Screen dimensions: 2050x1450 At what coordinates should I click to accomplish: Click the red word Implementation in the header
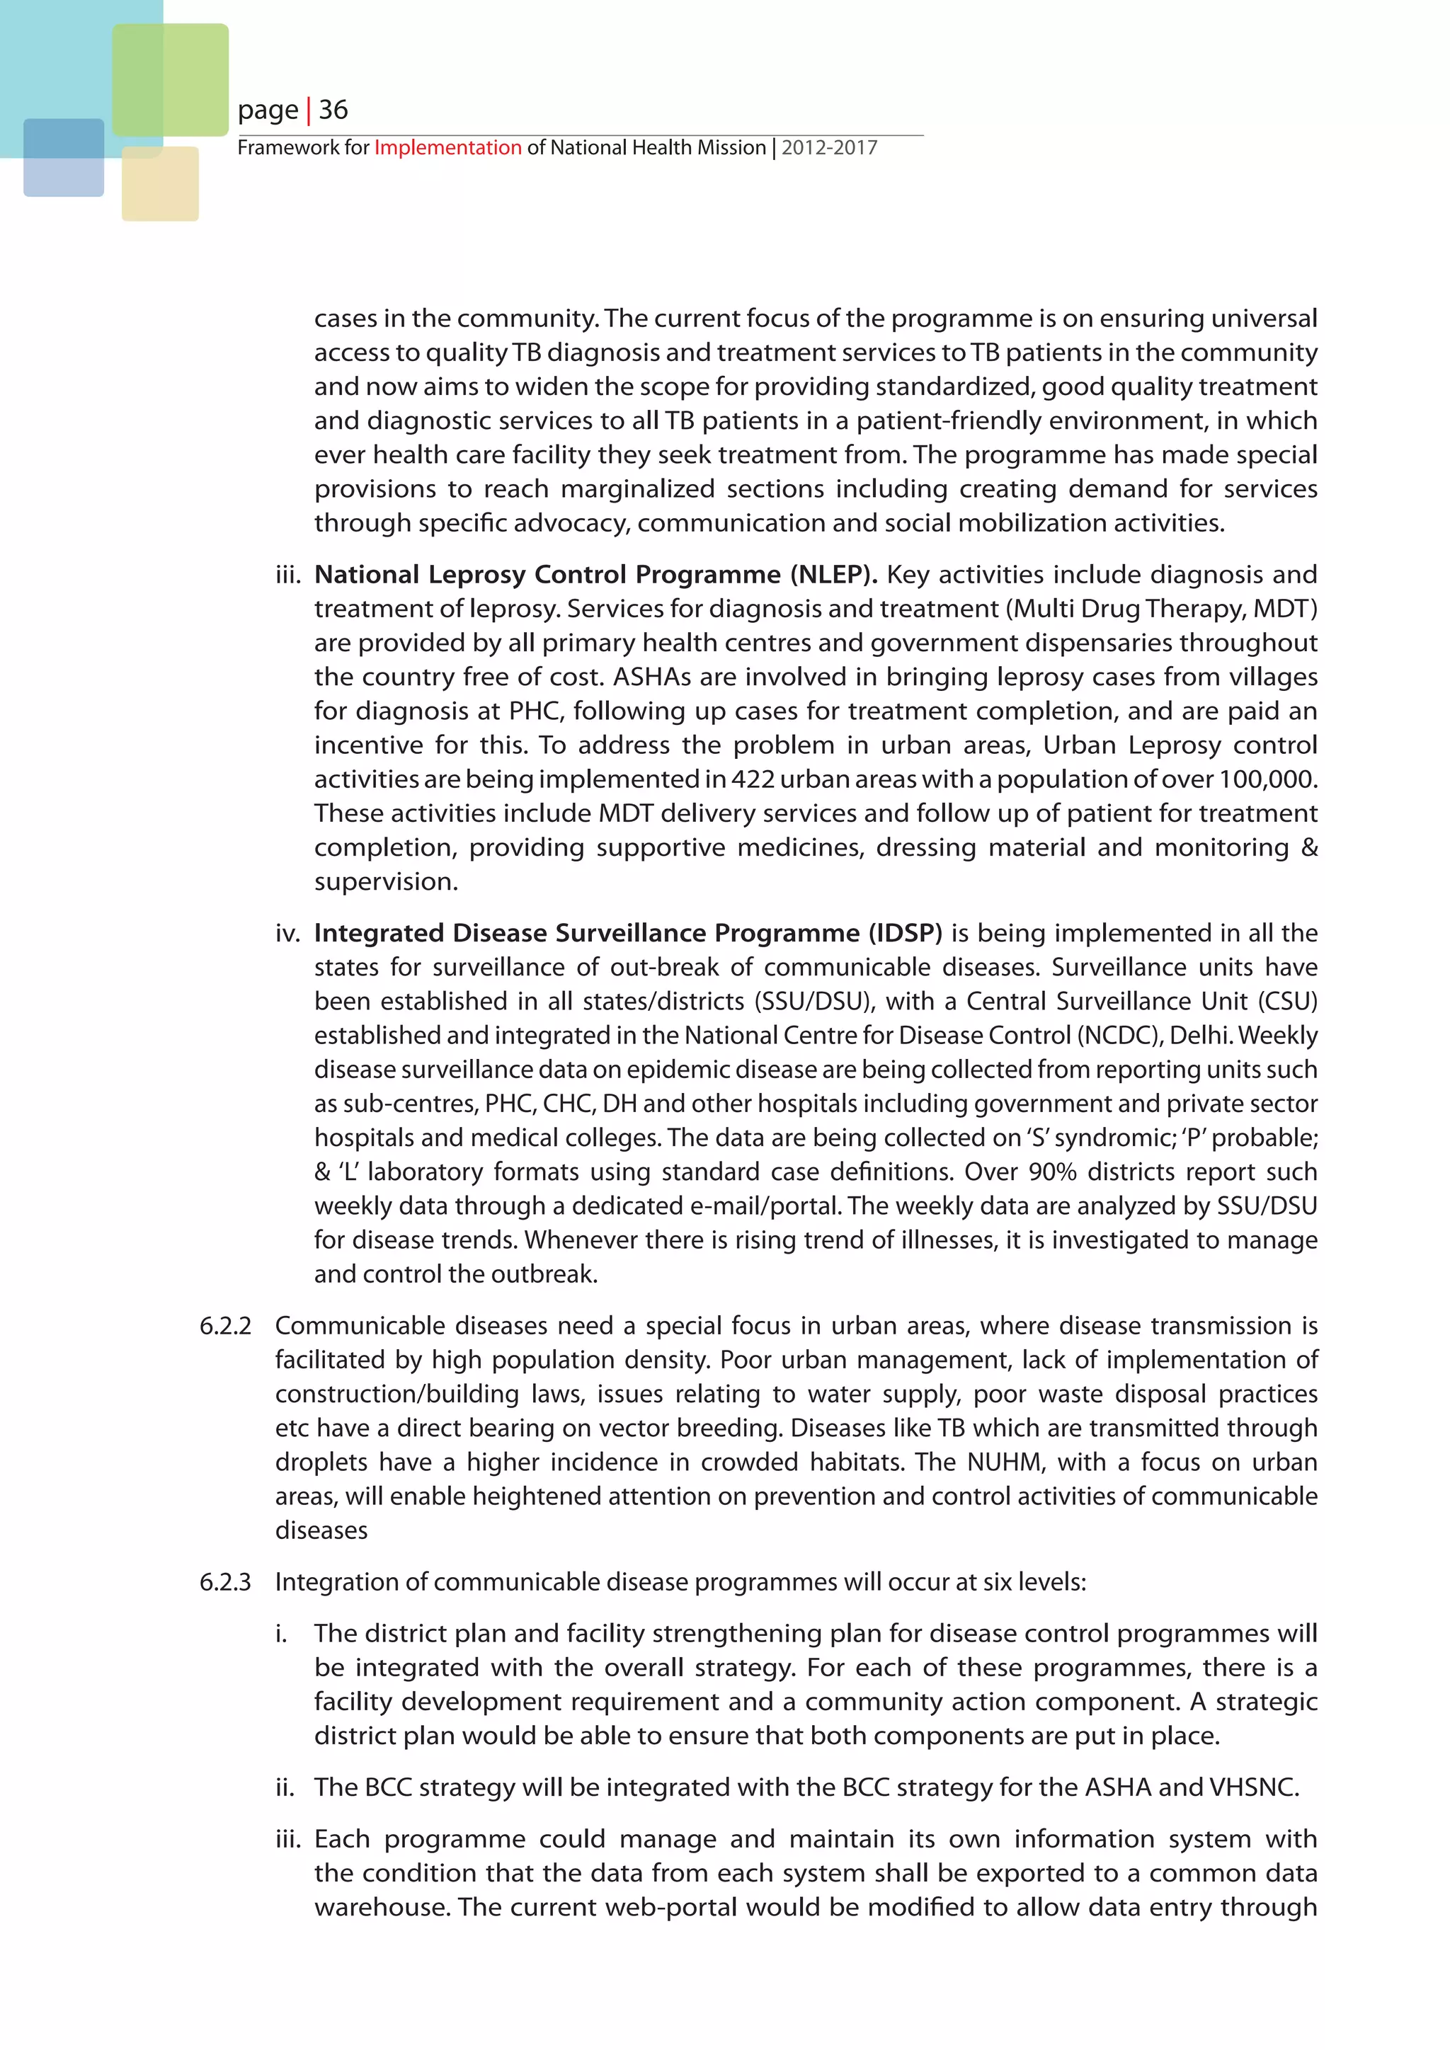(x=447, y=147)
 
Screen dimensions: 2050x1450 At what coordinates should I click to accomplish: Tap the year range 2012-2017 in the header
(x=830, y=147)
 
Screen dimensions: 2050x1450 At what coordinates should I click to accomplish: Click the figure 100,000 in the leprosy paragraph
(x=1268, y=779)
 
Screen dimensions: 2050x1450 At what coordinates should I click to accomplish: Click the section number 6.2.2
(x=225, y=1326)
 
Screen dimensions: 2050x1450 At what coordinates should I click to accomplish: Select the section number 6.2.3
(x=225, y=1582)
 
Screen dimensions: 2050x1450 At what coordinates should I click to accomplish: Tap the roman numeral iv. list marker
(x=287, y=933)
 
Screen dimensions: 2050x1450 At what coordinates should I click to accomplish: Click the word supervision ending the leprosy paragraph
(x=386, y=882)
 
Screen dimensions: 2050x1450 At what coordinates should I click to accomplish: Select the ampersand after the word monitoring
(x=1309, y=847)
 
